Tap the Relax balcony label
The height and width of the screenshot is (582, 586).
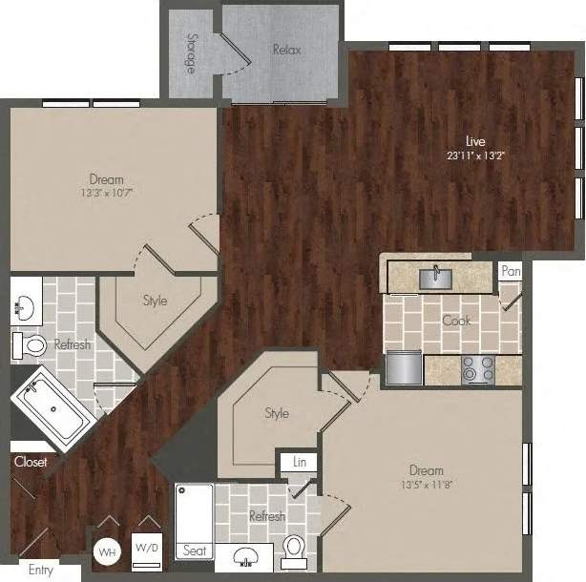pos(286,50)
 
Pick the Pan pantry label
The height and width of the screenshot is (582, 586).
pos(512,272)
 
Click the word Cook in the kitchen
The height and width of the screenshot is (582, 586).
pos(456,321)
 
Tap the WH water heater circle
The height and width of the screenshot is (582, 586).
pos(107,551)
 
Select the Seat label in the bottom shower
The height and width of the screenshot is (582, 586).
pos(194,551)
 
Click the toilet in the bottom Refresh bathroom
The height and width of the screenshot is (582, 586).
pos(295,549)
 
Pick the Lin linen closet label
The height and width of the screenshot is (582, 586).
pos(299,462)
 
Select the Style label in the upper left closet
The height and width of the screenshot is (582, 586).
pos(155,301)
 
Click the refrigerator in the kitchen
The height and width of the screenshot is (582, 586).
pos(402,367)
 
